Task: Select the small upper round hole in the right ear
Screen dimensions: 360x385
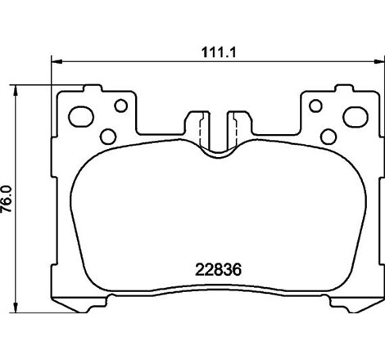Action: point(313,105)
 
